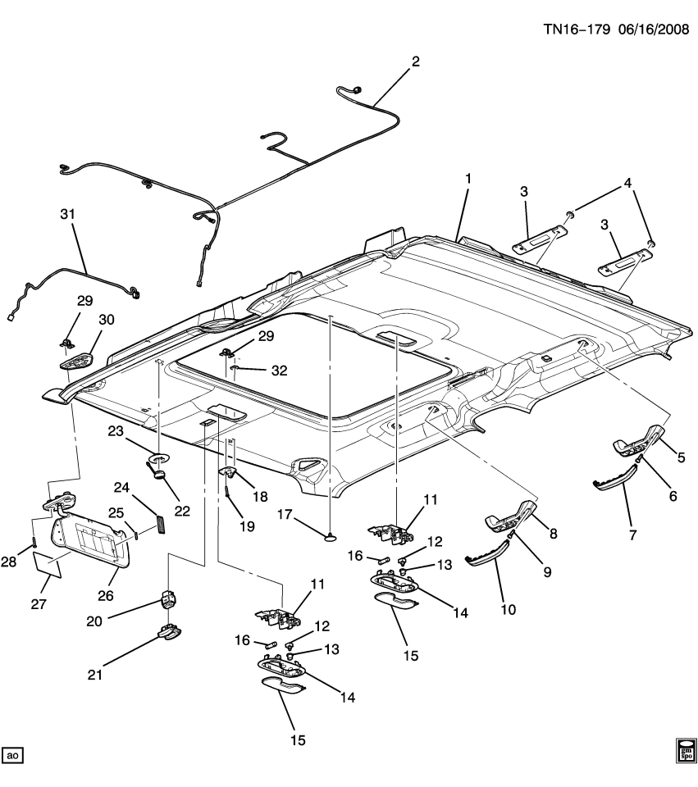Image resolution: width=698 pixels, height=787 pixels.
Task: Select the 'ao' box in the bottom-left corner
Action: tap(12, 753)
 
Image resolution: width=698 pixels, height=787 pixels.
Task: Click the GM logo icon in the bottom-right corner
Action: tap(684, 750)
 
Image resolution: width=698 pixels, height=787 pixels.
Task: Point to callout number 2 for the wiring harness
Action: tap(415, 61)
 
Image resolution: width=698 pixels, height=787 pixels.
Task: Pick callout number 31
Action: tap(67, 215)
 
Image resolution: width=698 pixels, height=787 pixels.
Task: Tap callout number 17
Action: tap(285, 516)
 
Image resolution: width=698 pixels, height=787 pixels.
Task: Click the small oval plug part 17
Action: tap(329, 537)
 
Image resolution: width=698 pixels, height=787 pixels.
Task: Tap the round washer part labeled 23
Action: tap(158, 457)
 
